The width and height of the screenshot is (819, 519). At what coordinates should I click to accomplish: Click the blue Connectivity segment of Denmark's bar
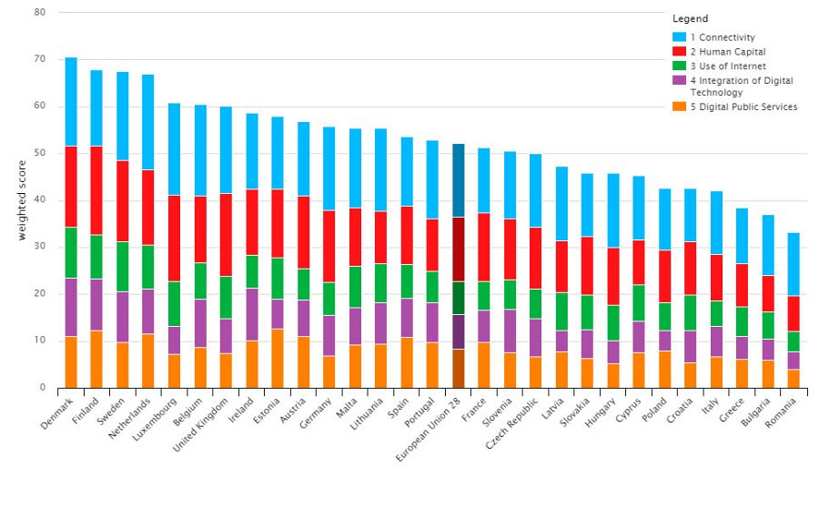click(x=71, y=101)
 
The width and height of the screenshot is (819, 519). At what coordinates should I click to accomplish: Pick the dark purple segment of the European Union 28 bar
click(x=458, y=331)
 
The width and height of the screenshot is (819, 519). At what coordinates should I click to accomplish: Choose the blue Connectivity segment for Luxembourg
click(x=174, y=149)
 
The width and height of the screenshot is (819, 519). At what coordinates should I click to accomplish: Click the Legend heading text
click(x=690, y=19)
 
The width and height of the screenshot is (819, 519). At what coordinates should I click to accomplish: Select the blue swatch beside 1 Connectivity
click(x=679, y=37)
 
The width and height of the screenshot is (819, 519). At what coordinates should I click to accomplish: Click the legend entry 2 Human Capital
click(x=729, y=52)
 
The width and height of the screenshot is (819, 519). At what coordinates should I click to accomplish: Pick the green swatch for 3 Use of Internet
click(x=679, y=66)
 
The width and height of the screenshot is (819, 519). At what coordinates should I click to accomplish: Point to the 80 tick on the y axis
click(x=39, y=13)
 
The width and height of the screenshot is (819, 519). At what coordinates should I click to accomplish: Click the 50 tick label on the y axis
click(x=39, y=154)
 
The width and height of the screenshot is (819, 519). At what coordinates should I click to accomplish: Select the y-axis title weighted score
click(x=22, y=200)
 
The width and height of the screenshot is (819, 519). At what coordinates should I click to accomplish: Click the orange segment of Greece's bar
click(x=742, y=373)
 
